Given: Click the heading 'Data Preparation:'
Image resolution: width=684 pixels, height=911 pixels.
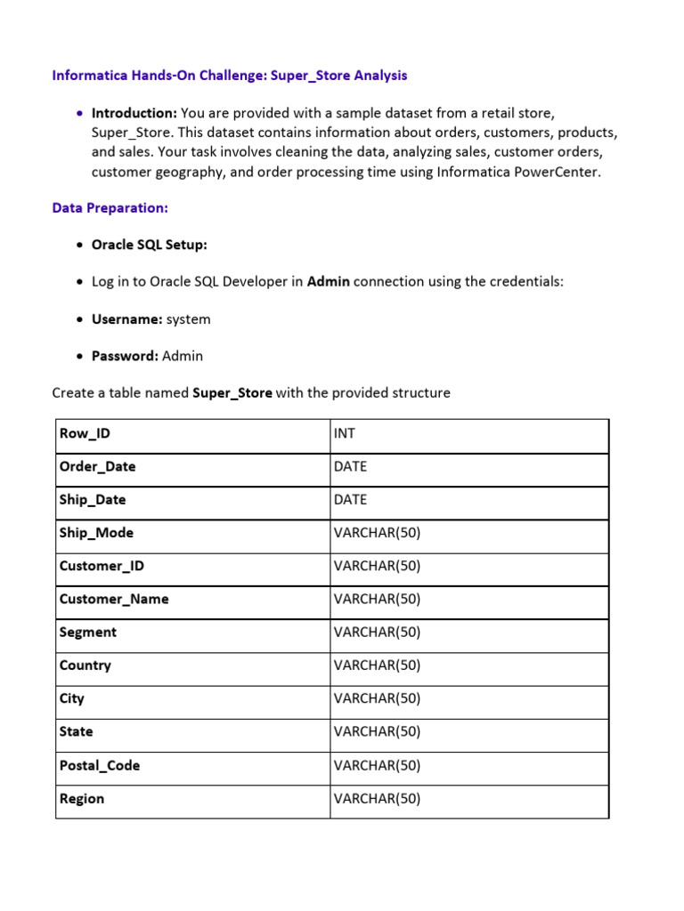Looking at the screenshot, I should point(110,207).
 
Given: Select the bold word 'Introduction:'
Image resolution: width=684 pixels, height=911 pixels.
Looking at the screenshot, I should point(134,113).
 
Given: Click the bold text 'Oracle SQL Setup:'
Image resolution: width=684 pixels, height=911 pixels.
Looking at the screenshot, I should point(149,245).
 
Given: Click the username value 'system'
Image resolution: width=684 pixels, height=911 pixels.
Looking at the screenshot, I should point(188,318).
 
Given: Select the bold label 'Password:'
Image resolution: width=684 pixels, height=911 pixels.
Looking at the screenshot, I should point(125,356).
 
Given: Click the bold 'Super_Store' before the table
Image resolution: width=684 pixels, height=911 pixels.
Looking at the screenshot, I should point(232,392).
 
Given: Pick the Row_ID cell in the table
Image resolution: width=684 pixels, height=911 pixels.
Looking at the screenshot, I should point(85,433).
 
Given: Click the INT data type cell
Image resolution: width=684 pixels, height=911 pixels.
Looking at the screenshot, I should point(345,433).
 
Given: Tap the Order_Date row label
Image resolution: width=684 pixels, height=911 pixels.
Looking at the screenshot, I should point(97,466).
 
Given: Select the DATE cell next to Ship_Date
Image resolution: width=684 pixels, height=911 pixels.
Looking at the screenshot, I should point(350,500).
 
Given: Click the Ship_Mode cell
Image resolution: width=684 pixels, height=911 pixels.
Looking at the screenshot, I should point(96,533).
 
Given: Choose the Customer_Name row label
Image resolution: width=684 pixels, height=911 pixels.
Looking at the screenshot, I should point(113,599).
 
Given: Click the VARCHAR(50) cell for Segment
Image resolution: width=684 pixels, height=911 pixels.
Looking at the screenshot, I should point(377,633).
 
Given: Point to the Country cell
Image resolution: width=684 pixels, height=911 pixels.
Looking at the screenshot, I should point(85,665).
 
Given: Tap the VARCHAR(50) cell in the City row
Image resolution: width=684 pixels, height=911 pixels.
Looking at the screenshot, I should point(377,698).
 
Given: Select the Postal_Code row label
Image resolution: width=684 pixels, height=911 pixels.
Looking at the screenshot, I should point(99,765).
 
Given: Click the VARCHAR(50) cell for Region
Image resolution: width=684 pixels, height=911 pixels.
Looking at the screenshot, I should point(377,799).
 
